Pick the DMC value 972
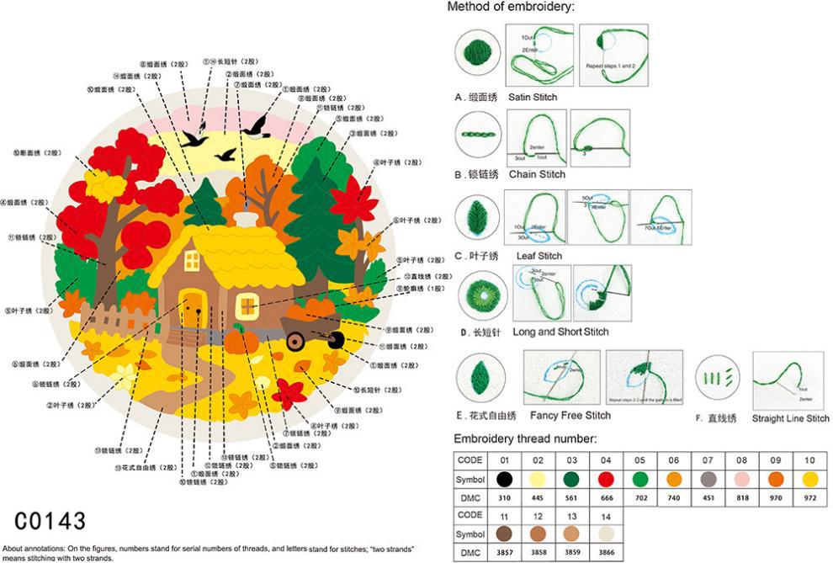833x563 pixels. pos(810,497)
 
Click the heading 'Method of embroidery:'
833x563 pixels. pos(511,7)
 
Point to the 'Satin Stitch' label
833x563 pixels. pos(532,97)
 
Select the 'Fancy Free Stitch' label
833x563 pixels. pos(570,415)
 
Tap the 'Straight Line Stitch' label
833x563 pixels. pos(790,418)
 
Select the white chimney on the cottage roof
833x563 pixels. pos(246,219)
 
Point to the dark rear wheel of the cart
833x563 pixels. pos(336,340)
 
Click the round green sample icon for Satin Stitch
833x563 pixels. pos(478,54)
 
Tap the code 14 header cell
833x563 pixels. pos(606,514)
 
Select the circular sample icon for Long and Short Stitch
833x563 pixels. pos(479,295)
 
